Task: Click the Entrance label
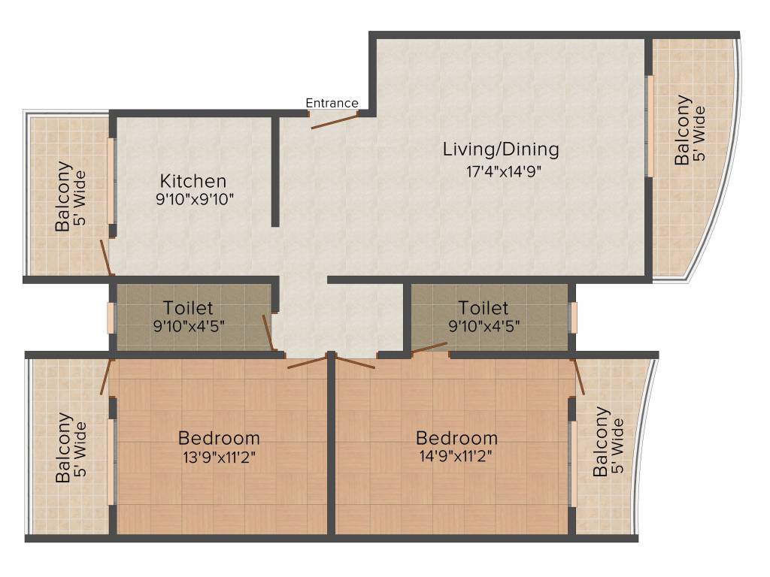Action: pyautogui.click(x=332, y=103)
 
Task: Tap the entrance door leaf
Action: pyautogui.click(x=334, y=121)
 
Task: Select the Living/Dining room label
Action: pyautogui.click(x=501, y=149)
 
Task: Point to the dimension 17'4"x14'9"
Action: pyautogui.click(x=503, y=171)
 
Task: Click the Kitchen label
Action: pyautogui.click(x=193, y=181)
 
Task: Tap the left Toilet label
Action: pyautogui.click(x=189, y=308)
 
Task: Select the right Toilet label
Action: pyautogui.click(x=484, y=308)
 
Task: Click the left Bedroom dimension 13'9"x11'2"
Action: pyautogui.click(x=219, y=457)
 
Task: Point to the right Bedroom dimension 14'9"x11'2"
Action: pyautogui.click(x=456, y=457)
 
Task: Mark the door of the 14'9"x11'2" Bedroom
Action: pyautogui.click(x=353, y=361)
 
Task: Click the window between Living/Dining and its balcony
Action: pyautogui.click(x=649, y=125)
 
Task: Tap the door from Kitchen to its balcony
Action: pyautogui.click(x=107, y=258)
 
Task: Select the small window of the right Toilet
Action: pyautogui.click(x=574, y=317)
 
